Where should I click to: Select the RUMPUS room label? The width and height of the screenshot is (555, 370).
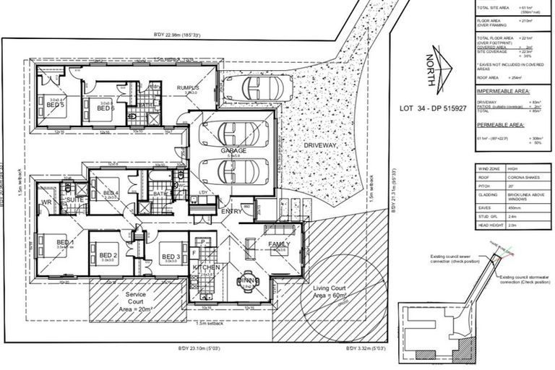coord(189,87)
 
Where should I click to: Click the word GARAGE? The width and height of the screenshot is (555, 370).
coord(233,150)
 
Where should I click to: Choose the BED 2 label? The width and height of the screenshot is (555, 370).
coord(108,255)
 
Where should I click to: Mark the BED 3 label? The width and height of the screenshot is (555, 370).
coord(171,257)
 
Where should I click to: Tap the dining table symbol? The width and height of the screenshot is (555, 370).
coord(247,282)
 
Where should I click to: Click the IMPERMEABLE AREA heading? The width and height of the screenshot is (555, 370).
coord(509,92)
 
